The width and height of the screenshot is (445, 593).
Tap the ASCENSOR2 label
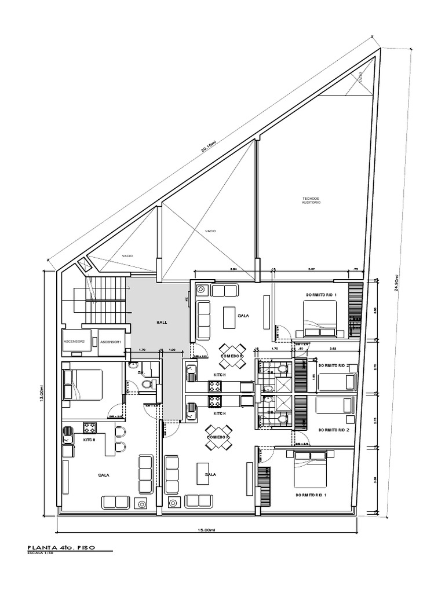[x=74, y=341]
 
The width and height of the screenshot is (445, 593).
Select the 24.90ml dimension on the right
[x=396, y=284]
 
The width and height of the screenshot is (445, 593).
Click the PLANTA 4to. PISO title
[x=61, y=546]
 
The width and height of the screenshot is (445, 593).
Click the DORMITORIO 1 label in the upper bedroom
[x=321, y=295]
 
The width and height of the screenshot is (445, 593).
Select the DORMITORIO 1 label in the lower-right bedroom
[x=311, y=496]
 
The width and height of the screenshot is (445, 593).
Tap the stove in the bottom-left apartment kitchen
[x=90, y=429]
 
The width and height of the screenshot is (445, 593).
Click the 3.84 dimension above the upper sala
[x=233, y=269]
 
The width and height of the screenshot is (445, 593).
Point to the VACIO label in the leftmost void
[x=127, y=255]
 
